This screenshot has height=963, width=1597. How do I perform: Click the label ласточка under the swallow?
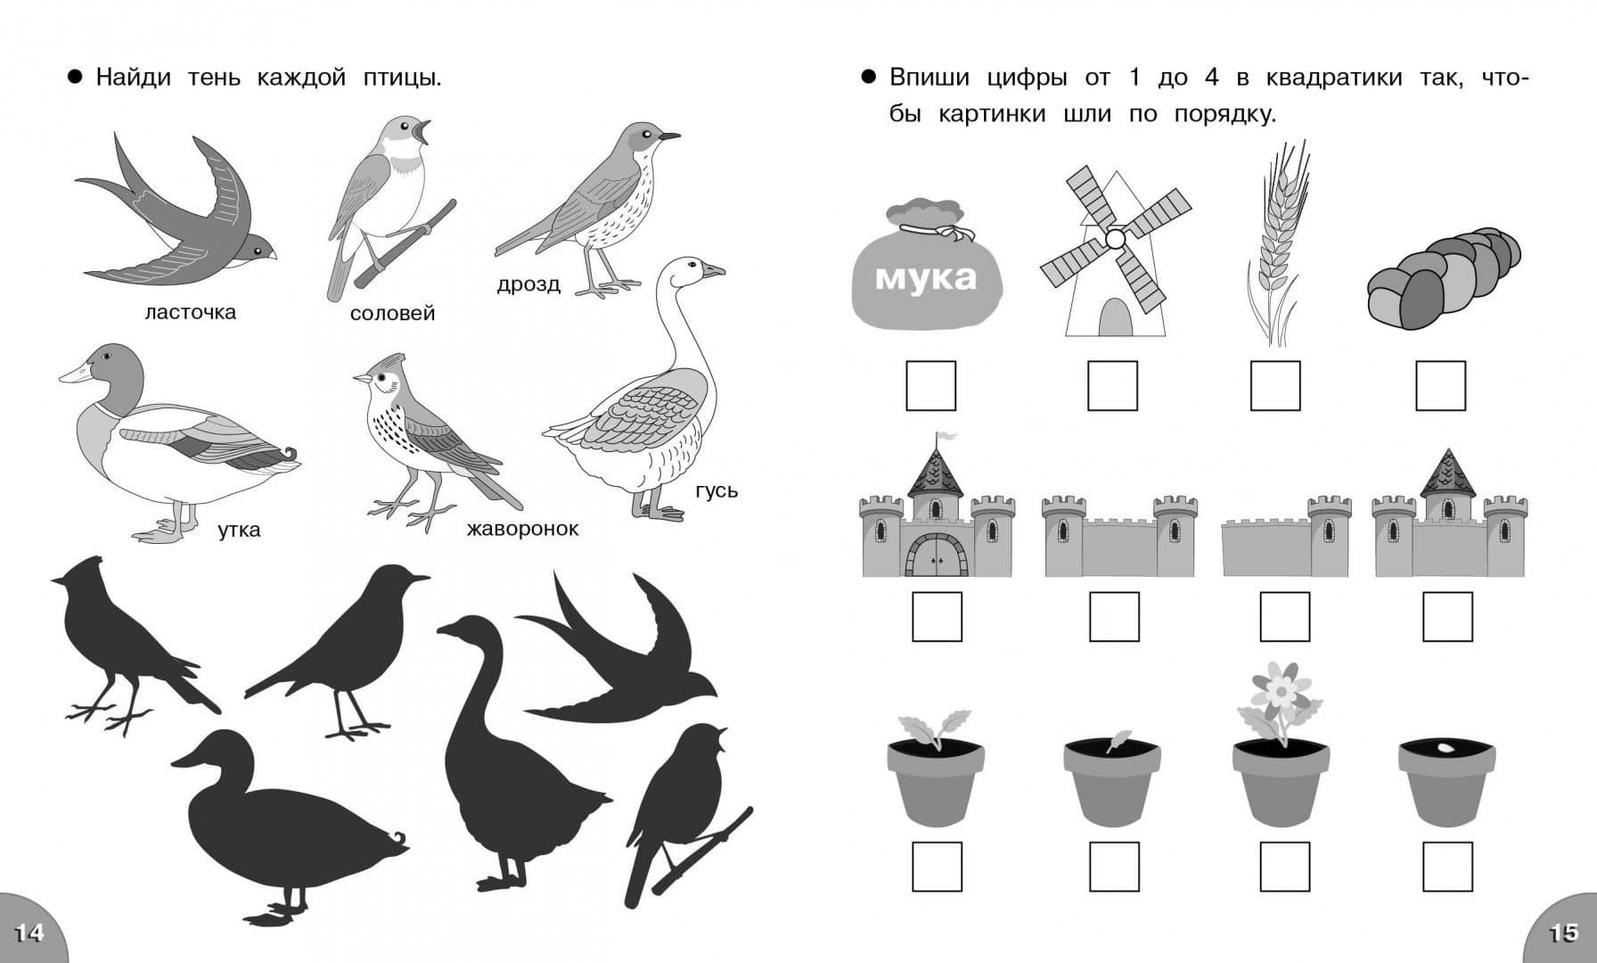190,312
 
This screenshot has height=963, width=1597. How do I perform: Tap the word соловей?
392,313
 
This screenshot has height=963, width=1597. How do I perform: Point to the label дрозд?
528,284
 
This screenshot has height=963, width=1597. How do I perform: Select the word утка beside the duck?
239,530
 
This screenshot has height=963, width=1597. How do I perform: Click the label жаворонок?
522,529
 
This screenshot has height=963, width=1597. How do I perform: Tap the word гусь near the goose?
717,490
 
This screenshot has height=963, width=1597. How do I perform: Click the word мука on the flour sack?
926,276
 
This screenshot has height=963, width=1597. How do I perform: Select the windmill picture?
1114,251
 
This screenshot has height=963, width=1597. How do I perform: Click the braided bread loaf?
1444,277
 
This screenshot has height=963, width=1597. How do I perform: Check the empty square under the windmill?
1112,385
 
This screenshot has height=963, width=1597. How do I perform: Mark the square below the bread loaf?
1440,385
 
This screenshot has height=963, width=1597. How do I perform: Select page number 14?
28,933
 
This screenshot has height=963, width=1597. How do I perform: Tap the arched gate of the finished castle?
936,555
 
